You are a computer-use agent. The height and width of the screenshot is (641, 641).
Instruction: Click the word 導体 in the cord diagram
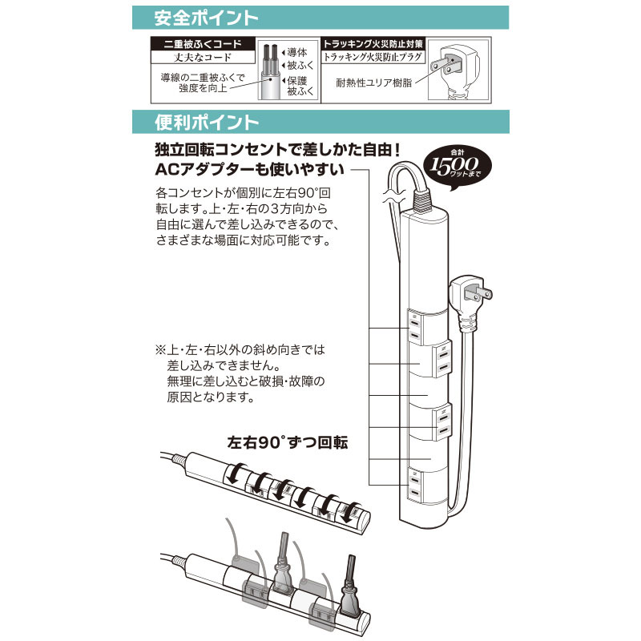297,52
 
